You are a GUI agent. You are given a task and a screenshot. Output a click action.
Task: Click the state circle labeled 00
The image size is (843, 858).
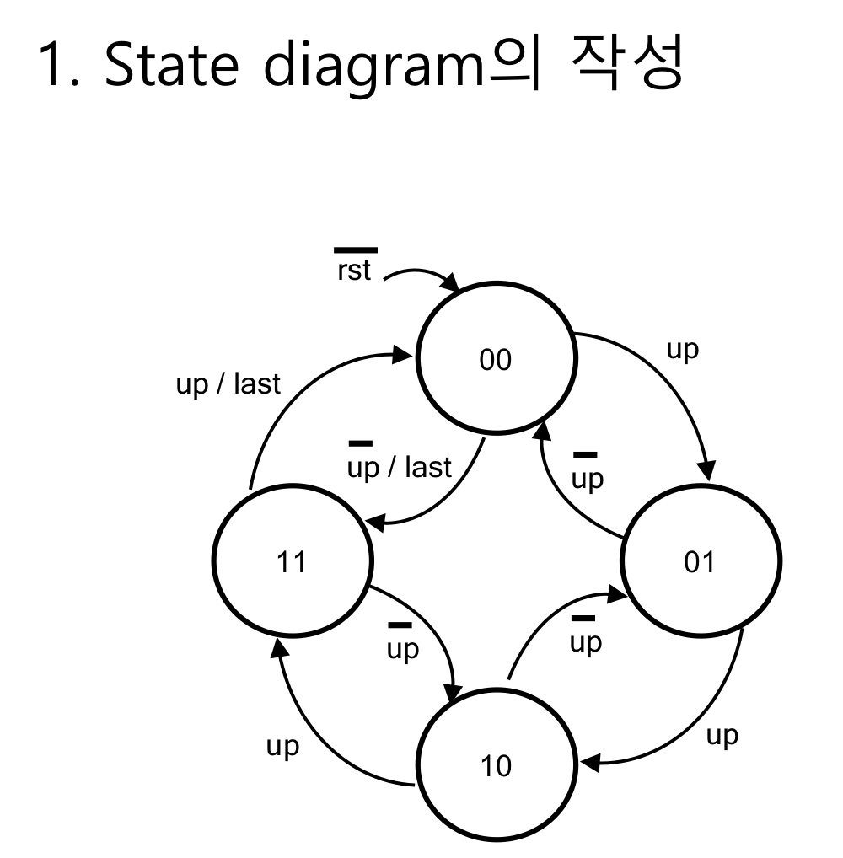click(x=497, y=361)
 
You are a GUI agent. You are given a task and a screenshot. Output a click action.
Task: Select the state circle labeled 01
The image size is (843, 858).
click(x=700, y=561)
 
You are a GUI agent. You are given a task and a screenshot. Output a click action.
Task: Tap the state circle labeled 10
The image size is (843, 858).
click(x=497, y=767)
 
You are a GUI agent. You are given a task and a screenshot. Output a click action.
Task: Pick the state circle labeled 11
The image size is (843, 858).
click(x=292, y=561)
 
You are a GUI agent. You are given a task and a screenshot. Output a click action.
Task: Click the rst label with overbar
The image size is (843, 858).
click(x=354, y=270)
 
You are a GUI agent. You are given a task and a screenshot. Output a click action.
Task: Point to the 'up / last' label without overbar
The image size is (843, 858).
click(x=228, y=384)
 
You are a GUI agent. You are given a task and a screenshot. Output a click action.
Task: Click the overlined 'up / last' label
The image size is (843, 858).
click(x=400, y=465)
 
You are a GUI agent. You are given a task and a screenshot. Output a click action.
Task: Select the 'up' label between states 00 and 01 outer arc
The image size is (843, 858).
click(x=683, y=351)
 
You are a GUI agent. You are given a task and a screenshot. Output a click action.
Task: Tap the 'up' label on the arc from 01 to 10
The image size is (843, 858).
click(x=722, y=735)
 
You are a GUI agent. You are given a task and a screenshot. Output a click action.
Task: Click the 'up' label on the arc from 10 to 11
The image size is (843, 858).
click(x=282, y=747)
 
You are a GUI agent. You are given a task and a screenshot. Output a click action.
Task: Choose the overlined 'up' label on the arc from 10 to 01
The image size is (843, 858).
click(x=586, y=641)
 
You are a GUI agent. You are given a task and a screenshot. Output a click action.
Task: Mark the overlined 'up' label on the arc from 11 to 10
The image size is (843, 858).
click(x=402, y=648)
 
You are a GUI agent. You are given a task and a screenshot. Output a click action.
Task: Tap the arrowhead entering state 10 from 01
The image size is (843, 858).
click(x=590, y=764)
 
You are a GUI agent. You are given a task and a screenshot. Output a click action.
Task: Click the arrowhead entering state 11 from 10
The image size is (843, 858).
click(x=275, y=647)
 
